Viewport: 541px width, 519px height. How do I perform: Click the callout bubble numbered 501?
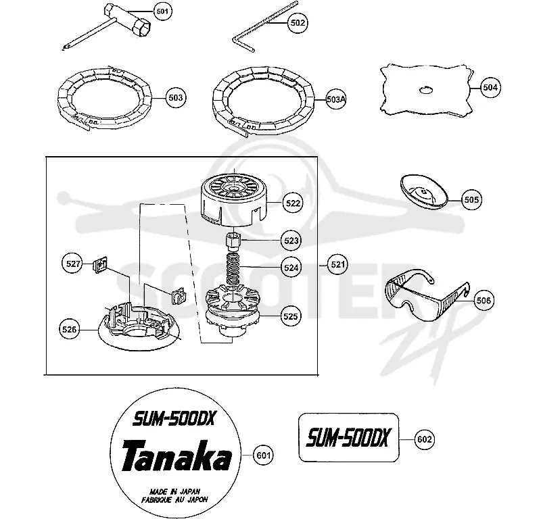point(162,11)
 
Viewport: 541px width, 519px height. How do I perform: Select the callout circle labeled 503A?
point(335,99)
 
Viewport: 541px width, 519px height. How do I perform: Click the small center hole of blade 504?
point(426,91)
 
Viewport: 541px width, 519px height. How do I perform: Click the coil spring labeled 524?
point(234,269)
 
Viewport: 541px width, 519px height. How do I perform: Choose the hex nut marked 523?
point(234,241)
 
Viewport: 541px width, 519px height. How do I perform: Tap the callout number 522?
point(293,203)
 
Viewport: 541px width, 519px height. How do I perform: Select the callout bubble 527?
point(72,264)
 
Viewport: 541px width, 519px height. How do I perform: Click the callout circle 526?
point(69,329)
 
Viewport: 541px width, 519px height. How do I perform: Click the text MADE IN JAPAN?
point(175,491)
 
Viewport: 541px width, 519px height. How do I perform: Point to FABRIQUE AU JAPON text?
point(174,499)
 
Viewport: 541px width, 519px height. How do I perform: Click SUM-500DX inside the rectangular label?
point(348,437)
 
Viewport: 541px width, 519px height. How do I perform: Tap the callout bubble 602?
point(425,439)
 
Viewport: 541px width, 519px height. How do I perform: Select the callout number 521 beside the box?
point(337,264)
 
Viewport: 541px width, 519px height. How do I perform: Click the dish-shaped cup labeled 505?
point(424,192)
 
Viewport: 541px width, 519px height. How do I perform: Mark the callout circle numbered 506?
point(483,300)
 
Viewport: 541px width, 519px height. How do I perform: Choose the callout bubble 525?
point(290,316)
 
